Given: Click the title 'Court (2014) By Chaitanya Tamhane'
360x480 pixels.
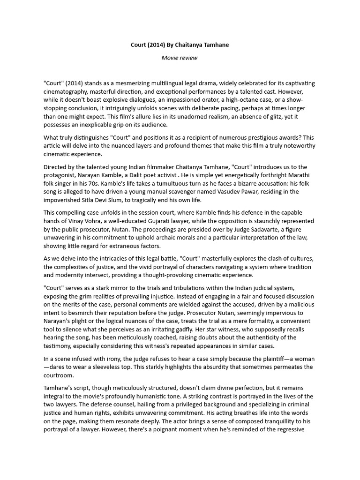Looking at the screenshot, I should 180,45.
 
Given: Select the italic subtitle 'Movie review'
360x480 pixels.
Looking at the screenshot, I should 180,58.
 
